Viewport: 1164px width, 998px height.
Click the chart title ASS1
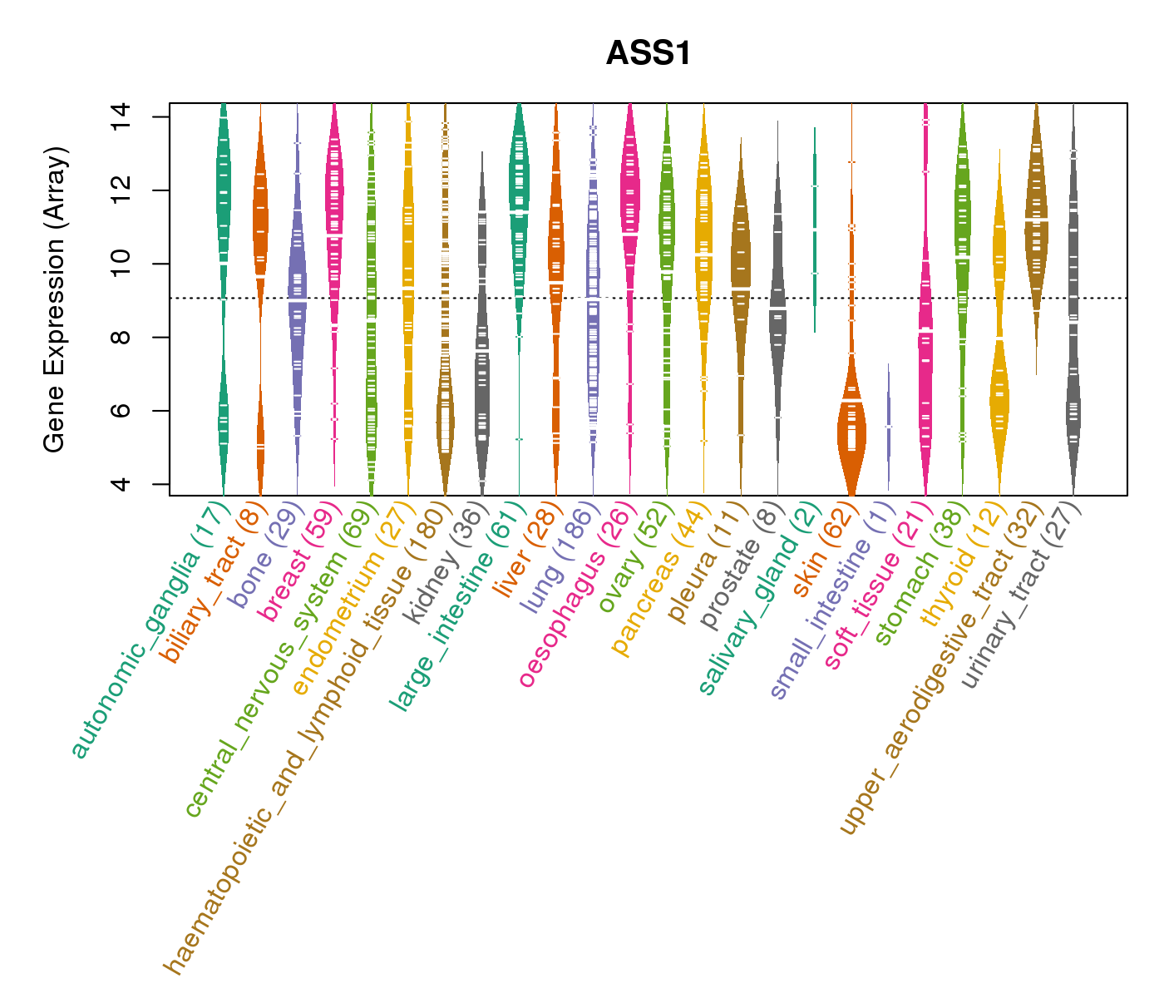click(649, 53)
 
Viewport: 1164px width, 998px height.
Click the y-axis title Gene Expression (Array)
click(55, 299)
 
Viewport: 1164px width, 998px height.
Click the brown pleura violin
click(740, 266)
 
